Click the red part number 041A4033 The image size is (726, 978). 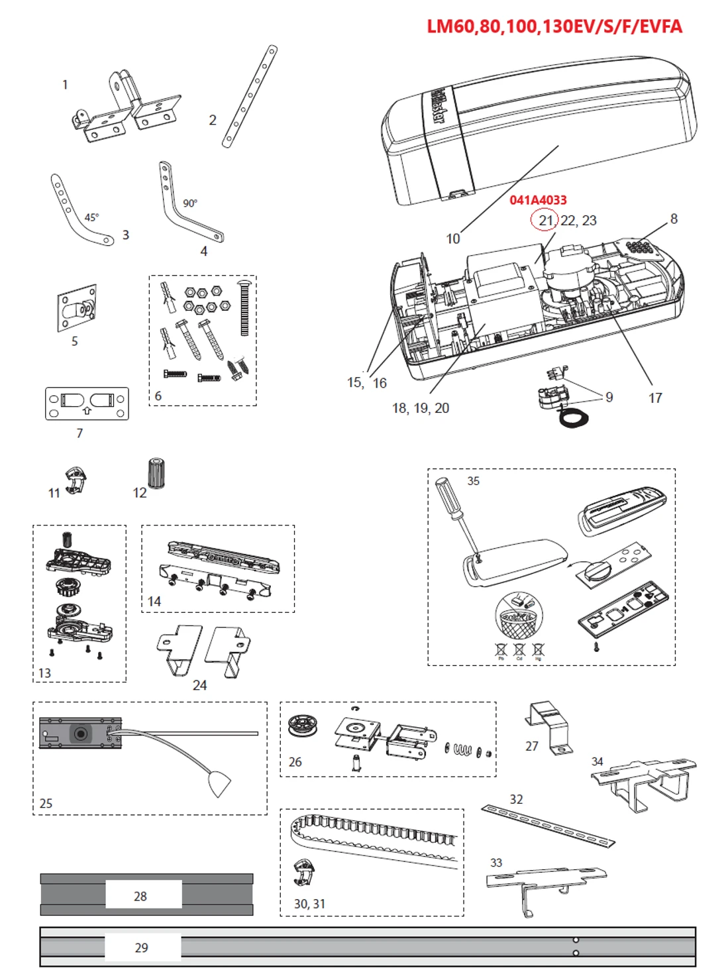click(538, 200)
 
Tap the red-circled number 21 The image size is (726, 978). click(545, 220)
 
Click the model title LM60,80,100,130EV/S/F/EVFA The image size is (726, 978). click(554, 27)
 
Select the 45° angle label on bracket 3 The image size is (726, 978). click(91, 217)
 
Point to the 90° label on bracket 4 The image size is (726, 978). click(190, 203)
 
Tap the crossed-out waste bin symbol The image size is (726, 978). click(519, 616)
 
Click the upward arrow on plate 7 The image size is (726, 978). click(87, 411)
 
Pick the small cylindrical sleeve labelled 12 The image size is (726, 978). click(156, 473)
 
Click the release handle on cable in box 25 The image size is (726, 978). click(219, 783)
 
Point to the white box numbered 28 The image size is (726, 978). click(143, 896)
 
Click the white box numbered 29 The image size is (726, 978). click(142, 948)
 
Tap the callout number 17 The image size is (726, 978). click(655, 398)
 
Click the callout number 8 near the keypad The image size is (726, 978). click(674, 219)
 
